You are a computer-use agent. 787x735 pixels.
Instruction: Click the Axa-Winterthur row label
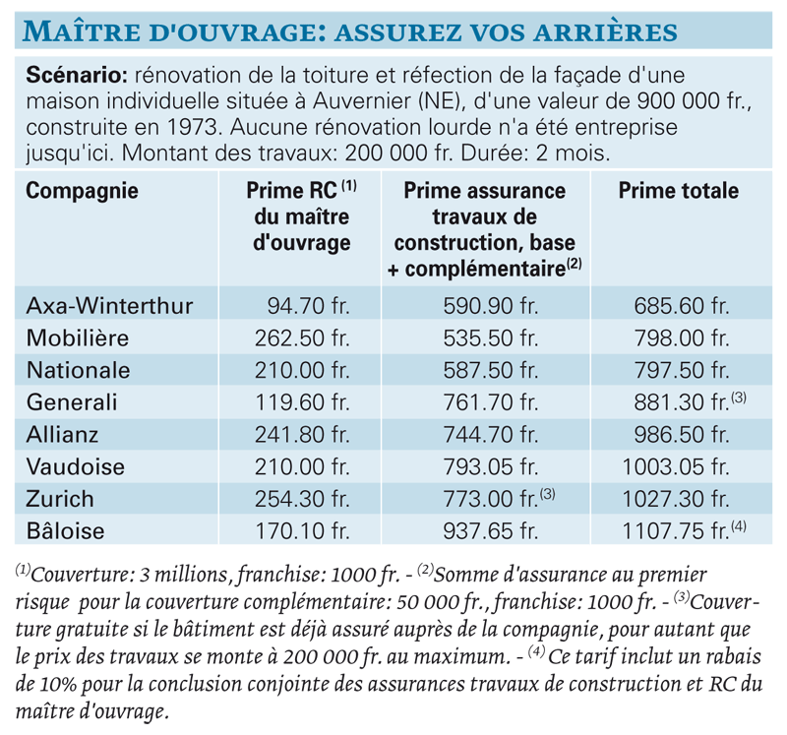pos(109,305)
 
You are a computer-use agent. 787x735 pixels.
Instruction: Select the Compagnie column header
pos(82,191)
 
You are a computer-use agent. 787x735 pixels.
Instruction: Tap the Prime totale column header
pos(678,191)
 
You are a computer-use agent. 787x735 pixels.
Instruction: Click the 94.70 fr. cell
pos(308,305)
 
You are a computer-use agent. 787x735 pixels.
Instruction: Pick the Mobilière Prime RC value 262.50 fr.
pos(302,337)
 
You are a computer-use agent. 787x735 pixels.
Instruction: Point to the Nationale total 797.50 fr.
pos(681,370)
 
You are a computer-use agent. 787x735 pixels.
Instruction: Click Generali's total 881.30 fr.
pos(681,402)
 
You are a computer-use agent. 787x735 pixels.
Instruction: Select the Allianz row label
pos(62,434)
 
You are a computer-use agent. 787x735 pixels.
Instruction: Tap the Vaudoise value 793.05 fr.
pos(490,467)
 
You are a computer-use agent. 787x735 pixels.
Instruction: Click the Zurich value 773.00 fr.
pos(490,499)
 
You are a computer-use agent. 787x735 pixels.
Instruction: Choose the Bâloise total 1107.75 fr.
pos(675,531)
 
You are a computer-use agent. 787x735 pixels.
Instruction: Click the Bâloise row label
pos(65,530)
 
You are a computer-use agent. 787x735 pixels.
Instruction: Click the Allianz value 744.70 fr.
pos(490,434)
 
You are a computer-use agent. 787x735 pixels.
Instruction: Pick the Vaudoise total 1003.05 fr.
pos(675,467)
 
